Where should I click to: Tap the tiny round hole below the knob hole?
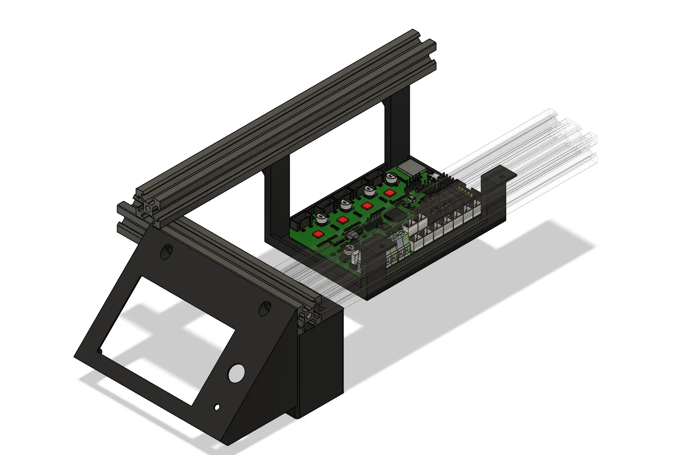(217, 407)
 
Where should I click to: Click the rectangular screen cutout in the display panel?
(167, 339)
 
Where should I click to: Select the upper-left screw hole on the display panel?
(166, 251)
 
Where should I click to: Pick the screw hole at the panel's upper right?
(265, 308)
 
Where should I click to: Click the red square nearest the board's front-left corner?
(318, 234)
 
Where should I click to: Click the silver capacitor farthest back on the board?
(392, 178)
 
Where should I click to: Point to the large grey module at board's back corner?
(410, 169)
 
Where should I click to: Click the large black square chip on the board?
(395, 215)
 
